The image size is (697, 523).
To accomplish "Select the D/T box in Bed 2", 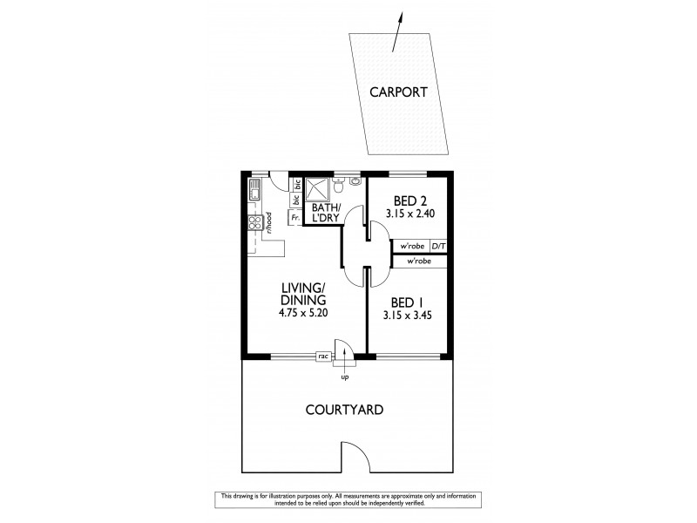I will (439, 247).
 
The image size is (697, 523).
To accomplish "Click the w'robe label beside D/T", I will (412, 247).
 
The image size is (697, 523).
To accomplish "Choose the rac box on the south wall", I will (322, 356).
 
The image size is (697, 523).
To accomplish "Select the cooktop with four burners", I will (255, 223).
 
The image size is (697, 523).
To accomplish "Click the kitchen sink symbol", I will (254, 189).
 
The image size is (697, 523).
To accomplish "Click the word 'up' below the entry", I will (345, 377).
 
